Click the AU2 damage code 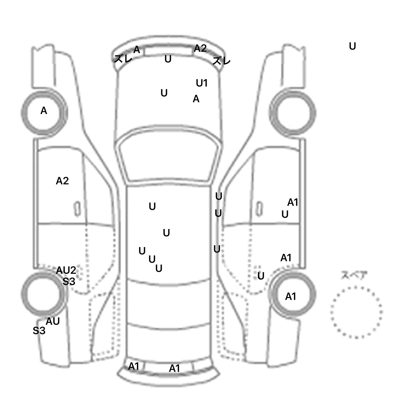pos(66,270)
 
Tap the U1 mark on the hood pos(202,83)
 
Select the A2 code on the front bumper pos(200,48)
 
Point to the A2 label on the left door pos(62,181)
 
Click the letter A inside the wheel pos(44,111)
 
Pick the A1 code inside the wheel pos(291,297)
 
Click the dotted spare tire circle pos(356,312)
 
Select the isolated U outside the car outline pos(353,47)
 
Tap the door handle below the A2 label pos(77,209)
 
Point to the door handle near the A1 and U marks pos(259,209)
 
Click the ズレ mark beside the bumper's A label pos(123,59)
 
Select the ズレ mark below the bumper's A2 pos(221,61)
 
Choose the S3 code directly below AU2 pos(69,282)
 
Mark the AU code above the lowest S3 pos(53,321)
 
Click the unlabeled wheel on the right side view pos(293,113)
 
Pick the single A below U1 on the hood pos(196,99)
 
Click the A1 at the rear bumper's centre pos(175,368)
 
